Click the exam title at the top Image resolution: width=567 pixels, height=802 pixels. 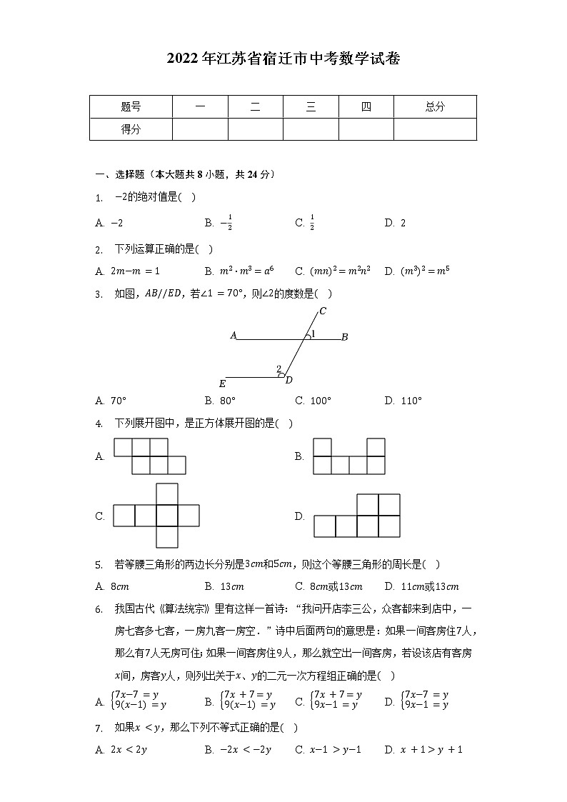[x=283, y=59]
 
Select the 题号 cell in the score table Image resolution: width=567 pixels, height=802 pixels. [x=131, y=107]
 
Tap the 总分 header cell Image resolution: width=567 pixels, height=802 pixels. [x=434, y=107]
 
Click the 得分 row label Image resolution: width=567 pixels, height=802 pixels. [x=131, y=129]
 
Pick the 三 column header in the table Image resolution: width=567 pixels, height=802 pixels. [x=311, y=107]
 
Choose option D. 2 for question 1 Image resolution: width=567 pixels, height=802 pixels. [x=395, y=223]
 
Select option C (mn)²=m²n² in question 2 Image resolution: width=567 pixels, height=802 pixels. [x=333, y=271]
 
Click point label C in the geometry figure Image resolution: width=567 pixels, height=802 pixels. [x=323, y=311]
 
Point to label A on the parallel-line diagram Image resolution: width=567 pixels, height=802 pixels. [x=233, y=335]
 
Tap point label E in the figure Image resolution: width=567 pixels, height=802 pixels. [x=222, y=384]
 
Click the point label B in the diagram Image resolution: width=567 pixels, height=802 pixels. [x=344, y=337]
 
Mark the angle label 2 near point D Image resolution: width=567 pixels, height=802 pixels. [x=279, y=369]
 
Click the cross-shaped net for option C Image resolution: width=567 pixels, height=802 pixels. [x=156, y=516]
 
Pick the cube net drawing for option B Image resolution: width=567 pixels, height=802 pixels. [x=349, y=456]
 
